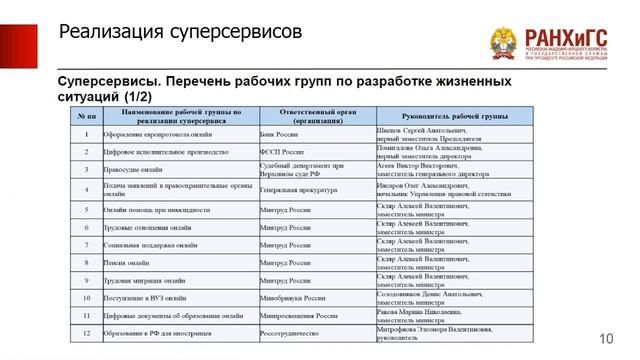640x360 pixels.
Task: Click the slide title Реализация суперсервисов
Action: click(180, 33)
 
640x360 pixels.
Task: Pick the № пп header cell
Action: click(87, 116)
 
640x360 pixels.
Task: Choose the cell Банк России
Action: click(280, 133)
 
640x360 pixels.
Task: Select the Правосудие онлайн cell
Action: click(140, 170)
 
